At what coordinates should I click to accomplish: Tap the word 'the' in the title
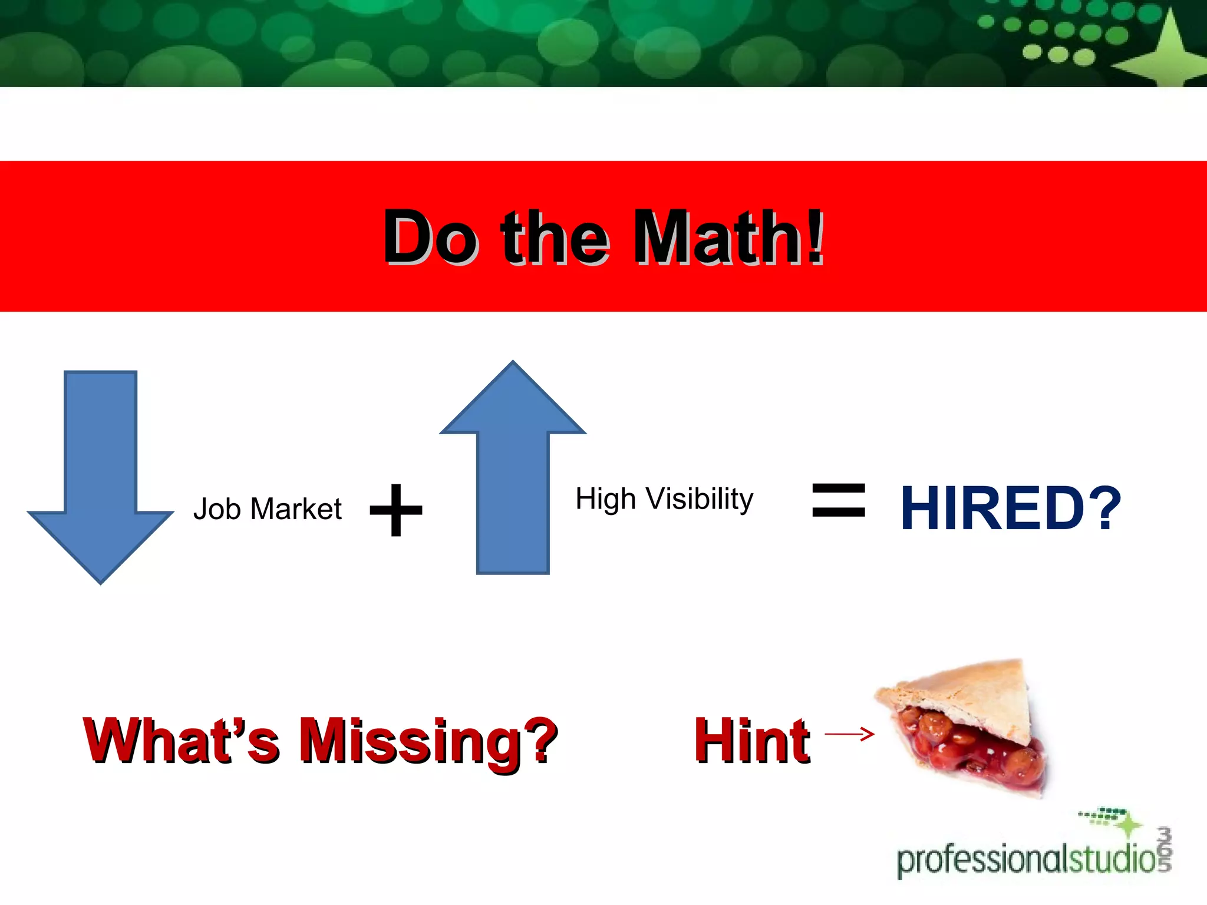tap(554, 237)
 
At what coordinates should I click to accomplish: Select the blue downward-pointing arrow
tap(101, 471)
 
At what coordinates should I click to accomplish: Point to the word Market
tap(296, 509)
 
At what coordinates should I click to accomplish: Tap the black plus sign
tap(396, 510)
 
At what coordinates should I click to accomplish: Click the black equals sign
tap(839, 500)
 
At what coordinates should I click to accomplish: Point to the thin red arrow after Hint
tap(849, 734)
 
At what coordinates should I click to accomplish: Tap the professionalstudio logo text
tap(1025, 860)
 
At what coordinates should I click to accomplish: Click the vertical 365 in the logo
tap(1164, 848)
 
